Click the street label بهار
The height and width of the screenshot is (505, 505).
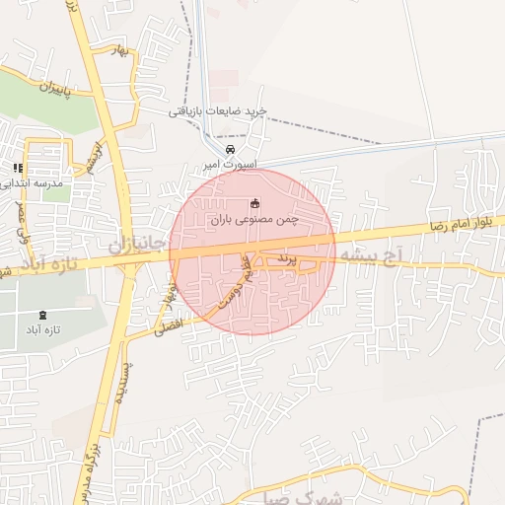[121, 52]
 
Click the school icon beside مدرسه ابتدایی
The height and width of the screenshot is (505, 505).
[18, 169]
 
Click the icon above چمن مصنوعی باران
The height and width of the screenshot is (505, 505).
[256, 203]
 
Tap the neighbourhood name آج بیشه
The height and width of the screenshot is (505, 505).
[370, 255]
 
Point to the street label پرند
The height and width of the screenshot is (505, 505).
[285, 257]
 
